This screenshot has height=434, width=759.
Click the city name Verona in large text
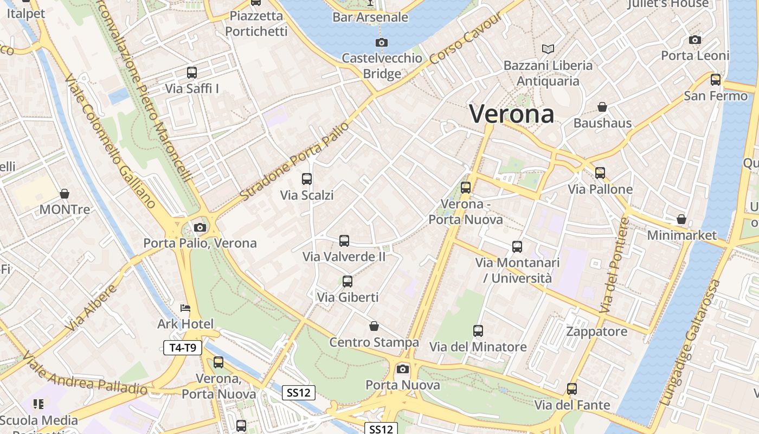click(511, 114)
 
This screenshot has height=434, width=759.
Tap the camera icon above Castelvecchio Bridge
click(381, 43)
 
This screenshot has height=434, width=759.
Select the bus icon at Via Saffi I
click(191, 73)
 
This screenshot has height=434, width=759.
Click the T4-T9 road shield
click(183, 348)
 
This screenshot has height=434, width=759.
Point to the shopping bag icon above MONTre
click(65, 194)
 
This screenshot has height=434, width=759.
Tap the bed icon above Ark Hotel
click(185, 308)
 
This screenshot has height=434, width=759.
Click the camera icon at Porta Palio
click(200, 227)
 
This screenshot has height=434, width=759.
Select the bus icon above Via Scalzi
click(307, 179)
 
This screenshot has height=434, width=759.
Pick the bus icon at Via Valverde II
click(344, 241)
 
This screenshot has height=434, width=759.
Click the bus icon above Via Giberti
click(348, 282)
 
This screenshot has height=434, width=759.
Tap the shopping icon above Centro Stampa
click(374, 326)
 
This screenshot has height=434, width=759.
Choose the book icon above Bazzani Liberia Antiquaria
click(548, 49)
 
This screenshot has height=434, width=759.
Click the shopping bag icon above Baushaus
click(602, 107)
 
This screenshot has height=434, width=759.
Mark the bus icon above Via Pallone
click(600, 173)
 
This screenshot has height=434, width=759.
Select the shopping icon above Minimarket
click(681, 220)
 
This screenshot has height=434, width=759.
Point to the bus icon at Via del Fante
click(572, 389)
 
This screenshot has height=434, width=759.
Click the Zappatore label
click(597, 331)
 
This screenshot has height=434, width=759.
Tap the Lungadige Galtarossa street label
click(692, 343)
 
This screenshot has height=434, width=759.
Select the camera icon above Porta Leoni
click(695, 40)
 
